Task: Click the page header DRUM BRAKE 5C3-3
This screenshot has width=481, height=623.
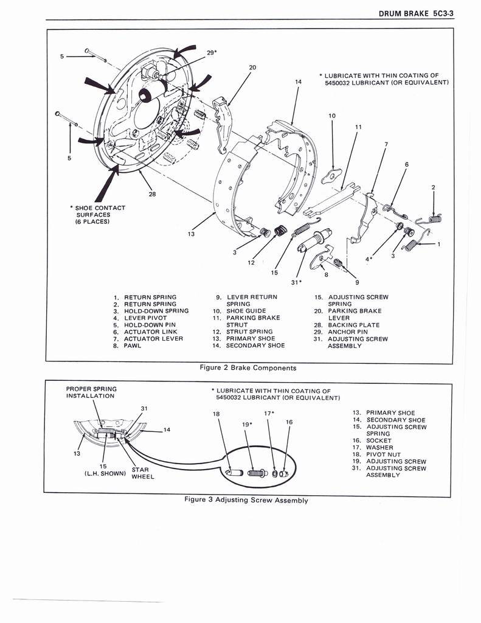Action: [x=417, y=13]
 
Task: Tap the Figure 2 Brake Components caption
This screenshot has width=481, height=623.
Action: [x=248, y=367]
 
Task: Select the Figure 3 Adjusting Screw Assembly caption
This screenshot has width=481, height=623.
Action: [x=246, y=500]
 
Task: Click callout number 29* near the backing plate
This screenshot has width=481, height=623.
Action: [x=212, y=53]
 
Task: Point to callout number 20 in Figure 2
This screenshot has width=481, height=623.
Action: [x=252, y=68]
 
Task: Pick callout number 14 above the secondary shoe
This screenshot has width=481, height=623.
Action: [x=298, y=82]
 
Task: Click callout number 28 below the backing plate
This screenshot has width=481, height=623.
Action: [x=152, y=195]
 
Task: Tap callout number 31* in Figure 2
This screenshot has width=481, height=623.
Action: [x=296, y=282]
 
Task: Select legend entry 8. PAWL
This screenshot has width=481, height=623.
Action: [x=128, y=346]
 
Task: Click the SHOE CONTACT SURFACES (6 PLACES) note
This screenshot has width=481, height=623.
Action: [x=100, y=214]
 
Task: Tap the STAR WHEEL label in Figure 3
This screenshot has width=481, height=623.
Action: [x=143, y=473]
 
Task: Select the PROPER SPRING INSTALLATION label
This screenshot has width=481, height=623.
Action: [x=91, y=392]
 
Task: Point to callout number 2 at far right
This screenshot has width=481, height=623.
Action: [x=433, y=187]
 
